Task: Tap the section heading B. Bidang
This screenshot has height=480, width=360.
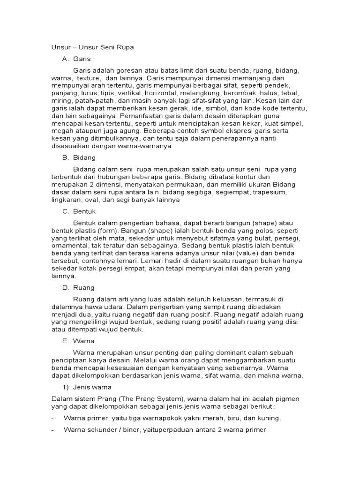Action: [x=79, y=157]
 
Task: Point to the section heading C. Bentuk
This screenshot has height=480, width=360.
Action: [x=79, y=211]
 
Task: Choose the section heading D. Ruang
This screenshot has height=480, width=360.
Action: [x=78, y=288]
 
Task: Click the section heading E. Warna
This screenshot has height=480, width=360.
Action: [x=78, y=341]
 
